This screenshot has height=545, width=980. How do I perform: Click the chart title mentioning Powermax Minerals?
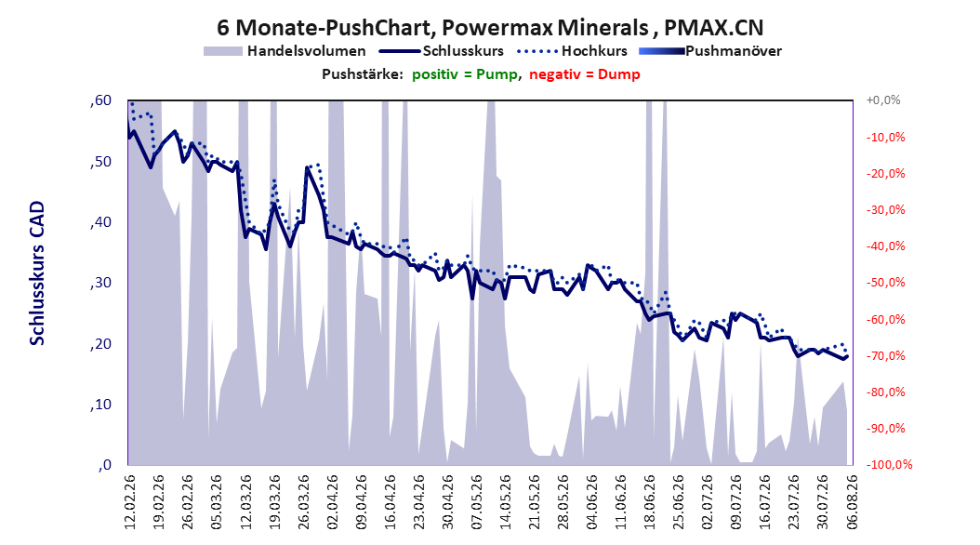[490, 28]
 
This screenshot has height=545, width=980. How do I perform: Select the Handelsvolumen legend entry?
[285, 51]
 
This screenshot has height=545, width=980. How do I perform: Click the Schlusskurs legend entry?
[442, 51]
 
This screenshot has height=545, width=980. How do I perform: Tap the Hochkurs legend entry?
[570, 51]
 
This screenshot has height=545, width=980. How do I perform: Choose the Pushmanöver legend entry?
[710, 51]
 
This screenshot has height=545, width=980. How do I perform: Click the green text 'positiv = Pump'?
[464, 74]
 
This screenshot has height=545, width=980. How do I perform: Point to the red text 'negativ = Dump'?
[585, 74]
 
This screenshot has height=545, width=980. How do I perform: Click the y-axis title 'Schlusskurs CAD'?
[37, 273]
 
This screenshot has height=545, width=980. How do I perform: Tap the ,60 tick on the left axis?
[100, 100]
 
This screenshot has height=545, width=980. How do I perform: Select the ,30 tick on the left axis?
[100, 283]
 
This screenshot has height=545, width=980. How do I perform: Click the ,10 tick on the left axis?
[100, 405]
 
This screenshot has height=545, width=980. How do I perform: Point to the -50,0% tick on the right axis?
[885, 283]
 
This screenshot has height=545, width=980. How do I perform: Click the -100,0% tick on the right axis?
[889, 464]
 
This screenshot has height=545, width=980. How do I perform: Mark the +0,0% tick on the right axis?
[883, 100]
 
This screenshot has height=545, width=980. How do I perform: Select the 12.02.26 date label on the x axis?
[130, 502]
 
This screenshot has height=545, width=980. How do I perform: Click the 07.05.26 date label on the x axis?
[476, 502]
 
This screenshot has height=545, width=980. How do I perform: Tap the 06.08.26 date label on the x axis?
[852, 502]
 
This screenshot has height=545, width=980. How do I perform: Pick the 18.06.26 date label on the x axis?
[650, 502]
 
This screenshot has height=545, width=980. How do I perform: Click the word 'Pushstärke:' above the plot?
[363, 74]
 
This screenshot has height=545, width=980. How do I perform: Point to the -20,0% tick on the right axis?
[885, 173]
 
